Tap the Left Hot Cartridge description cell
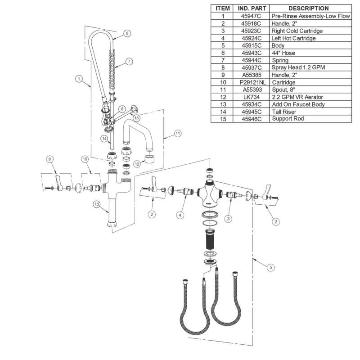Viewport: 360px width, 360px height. click(293, 38)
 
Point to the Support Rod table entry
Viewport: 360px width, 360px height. click(288, 119)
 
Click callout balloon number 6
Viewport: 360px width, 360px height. click(127, 33)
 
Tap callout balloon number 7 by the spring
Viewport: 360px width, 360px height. click(129, 61)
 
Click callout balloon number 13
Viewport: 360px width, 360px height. click(96, 204)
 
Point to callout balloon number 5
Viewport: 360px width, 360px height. click(270, 268)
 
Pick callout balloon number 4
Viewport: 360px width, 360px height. click(180, 216)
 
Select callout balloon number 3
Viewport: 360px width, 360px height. click(228, 219)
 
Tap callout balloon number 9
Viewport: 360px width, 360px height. click(49, 158)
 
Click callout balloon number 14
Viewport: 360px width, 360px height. click(104, 139)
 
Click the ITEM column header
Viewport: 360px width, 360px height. click(223, 9)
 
